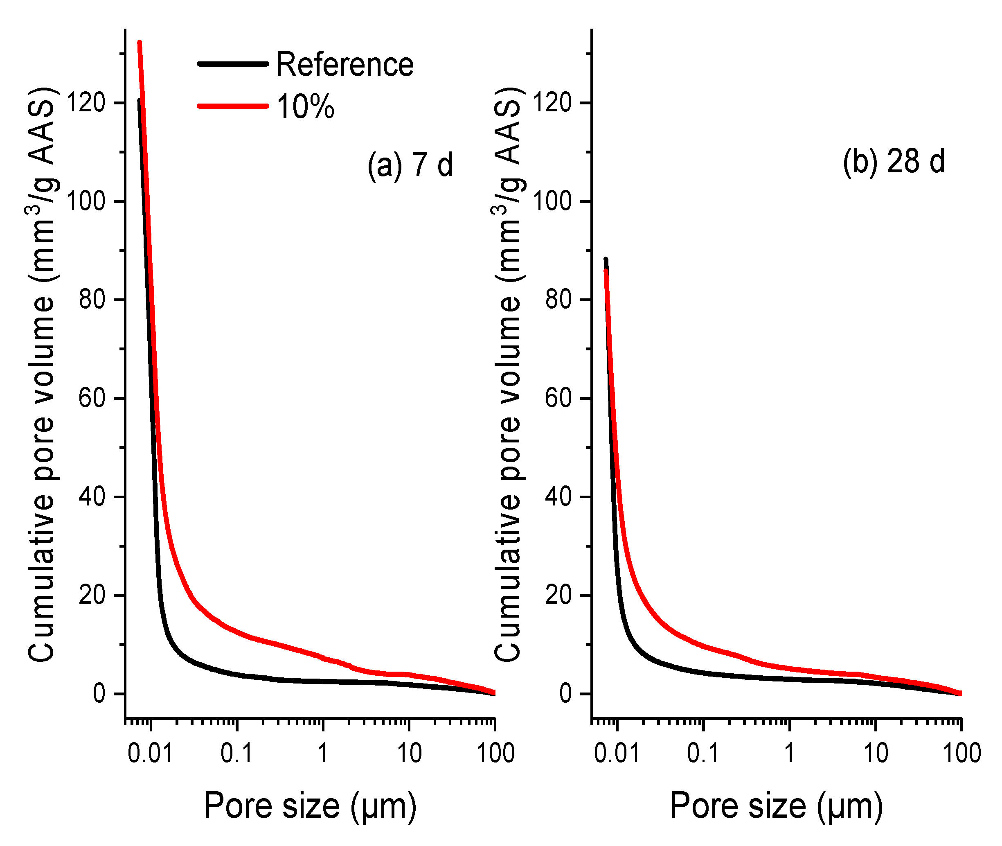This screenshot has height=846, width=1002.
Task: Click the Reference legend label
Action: point(344,65)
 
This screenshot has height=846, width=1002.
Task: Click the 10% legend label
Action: point(305,107)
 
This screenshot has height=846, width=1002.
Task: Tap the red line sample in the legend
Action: point(233,106)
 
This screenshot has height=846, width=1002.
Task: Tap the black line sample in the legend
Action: point(233,64)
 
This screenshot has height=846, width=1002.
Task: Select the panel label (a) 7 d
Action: point(410,165)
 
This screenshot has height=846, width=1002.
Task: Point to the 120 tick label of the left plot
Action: point(86,103)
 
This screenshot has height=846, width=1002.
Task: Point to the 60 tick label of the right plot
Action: point(558,399)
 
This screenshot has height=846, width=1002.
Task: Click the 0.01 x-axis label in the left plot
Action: point(150,753)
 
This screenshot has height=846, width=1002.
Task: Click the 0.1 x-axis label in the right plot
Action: point(703,753)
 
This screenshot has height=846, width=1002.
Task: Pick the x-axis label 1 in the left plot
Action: point(323,753)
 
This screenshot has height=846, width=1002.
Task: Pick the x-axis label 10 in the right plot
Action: point(876,753)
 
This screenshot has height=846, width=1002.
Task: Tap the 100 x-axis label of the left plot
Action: point(495,753)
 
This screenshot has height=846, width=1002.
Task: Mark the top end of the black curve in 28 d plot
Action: point(606,259)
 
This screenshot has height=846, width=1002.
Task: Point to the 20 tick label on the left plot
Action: point(92,595)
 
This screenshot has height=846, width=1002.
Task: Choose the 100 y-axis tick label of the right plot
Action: point(552,201)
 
